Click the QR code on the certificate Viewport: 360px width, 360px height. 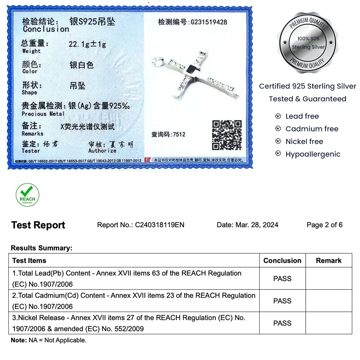point(227,135)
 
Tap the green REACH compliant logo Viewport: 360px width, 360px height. point(27,195)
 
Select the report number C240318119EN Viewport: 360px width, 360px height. point(159,225)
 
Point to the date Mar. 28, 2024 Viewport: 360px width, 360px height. point(257,225)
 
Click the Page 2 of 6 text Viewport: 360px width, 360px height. point(324,225)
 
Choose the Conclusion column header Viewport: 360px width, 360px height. point(282,261)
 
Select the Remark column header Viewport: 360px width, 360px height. point(329,261)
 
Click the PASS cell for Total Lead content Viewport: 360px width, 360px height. point(282,279)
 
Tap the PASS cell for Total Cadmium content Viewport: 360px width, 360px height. point(282,301)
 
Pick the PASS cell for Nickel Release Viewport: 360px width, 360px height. point(282,323)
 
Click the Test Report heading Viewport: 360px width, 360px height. point(38,225)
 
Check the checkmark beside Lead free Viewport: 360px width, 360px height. point(278,116)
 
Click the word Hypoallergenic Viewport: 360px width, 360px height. point(313,154)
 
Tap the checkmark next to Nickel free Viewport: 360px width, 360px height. point(278,141)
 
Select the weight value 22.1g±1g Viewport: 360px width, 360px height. point(87,44)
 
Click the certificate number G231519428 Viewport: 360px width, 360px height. point(209,22)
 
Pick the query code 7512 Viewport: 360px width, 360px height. point(179,135)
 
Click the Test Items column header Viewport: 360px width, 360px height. point(29,261)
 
